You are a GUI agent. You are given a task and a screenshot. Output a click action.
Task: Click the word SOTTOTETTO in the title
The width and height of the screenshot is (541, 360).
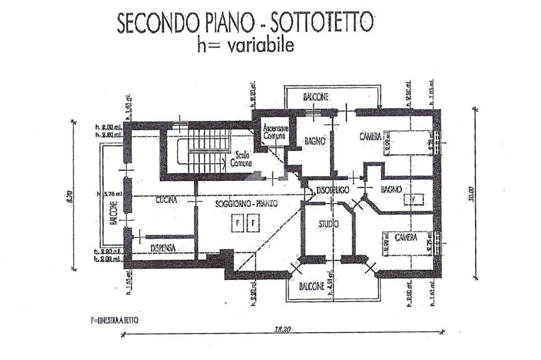click(x=322, y=24)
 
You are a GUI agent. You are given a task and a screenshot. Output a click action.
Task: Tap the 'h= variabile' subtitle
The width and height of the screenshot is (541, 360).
click(x=245, y=45)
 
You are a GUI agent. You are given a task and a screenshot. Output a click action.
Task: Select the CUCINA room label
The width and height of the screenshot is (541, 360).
click(x=165, y=200)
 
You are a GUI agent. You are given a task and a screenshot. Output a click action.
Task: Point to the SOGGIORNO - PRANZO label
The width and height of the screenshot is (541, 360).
click(x=246, y=203)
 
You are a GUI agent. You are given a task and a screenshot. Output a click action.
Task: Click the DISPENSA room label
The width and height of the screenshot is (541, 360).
click(x=163, y=247)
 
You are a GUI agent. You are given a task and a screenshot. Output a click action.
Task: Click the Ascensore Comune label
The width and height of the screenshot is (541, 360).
click(x=276, y=132)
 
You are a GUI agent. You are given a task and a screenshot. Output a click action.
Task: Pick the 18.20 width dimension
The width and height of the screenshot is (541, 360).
click(x=283, y=329)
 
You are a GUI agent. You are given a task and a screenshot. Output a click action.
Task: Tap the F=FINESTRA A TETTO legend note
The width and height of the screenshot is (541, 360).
click(x=115, y=320)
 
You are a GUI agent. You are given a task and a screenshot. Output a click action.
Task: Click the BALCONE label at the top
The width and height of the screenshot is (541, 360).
click(x=316, y=97)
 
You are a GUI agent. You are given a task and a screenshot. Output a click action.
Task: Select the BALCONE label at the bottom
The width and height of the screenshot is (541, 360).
click(x=312, y=287)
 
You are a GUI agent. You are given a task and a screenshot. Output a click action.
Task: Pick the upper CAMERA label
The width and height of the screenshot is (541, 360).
click(x=370, y=137)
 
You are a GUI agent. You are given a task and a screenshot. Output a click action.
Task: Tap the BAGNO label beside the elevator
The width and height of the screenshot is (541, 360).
click(x=314, y=141)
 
